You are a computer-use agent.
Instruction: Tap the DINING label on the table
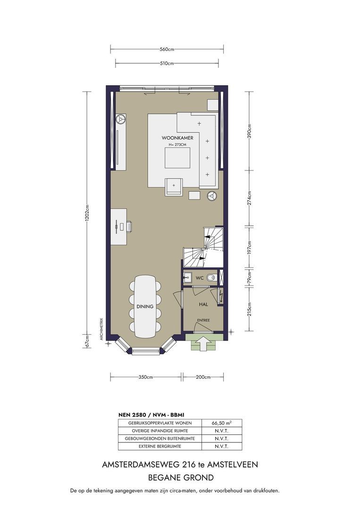click(x=145, y=306)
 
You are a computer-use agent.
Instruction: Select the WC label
click(x=200, y=278)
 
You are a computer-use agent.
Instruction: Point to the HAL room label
click(x=203, y=305)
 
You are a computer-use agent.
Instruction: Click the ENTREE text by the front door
click(x=203, y=320)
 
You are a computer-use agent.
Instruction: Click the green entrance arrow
click(x=203, y=343)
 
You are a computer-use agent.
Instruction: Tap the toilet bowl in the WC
click(x=211, y=278)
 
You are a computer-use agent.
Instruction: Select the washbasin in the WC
click(x=187, y=278)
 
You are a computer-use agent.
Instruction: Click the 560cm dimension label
click(x=167, y=50)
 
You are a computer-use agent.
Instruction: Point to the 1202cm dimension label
click(x=87, y=213)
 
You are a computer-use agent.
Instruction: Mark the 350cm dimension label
click(x=146, y=377)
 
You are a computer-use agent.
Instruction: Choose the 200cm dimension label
click(x=203, y=377)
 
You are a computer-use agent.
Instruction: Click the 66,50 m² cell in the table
click(x=221, y=423)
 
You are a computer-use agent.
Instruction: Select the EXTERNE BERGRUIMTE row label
click(x=160, y=446)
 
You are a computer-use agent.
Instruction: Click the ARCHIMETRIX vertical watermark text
click(x=101, y=329)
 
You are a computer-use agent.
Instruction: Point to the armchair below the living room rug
click(x=174, y=187)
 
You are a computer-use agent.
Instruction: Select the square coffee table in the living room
click(x=177, y=158)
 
